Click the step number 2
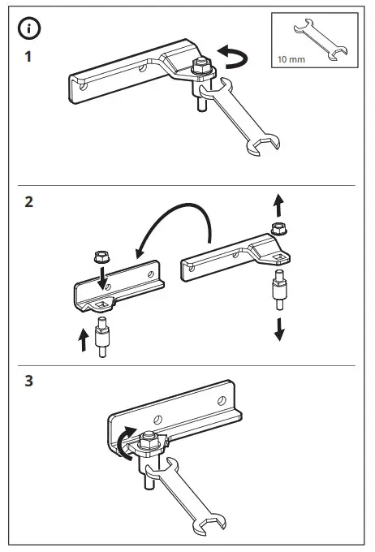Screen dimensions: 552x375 pyautogui.click(x=28, y=203)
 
